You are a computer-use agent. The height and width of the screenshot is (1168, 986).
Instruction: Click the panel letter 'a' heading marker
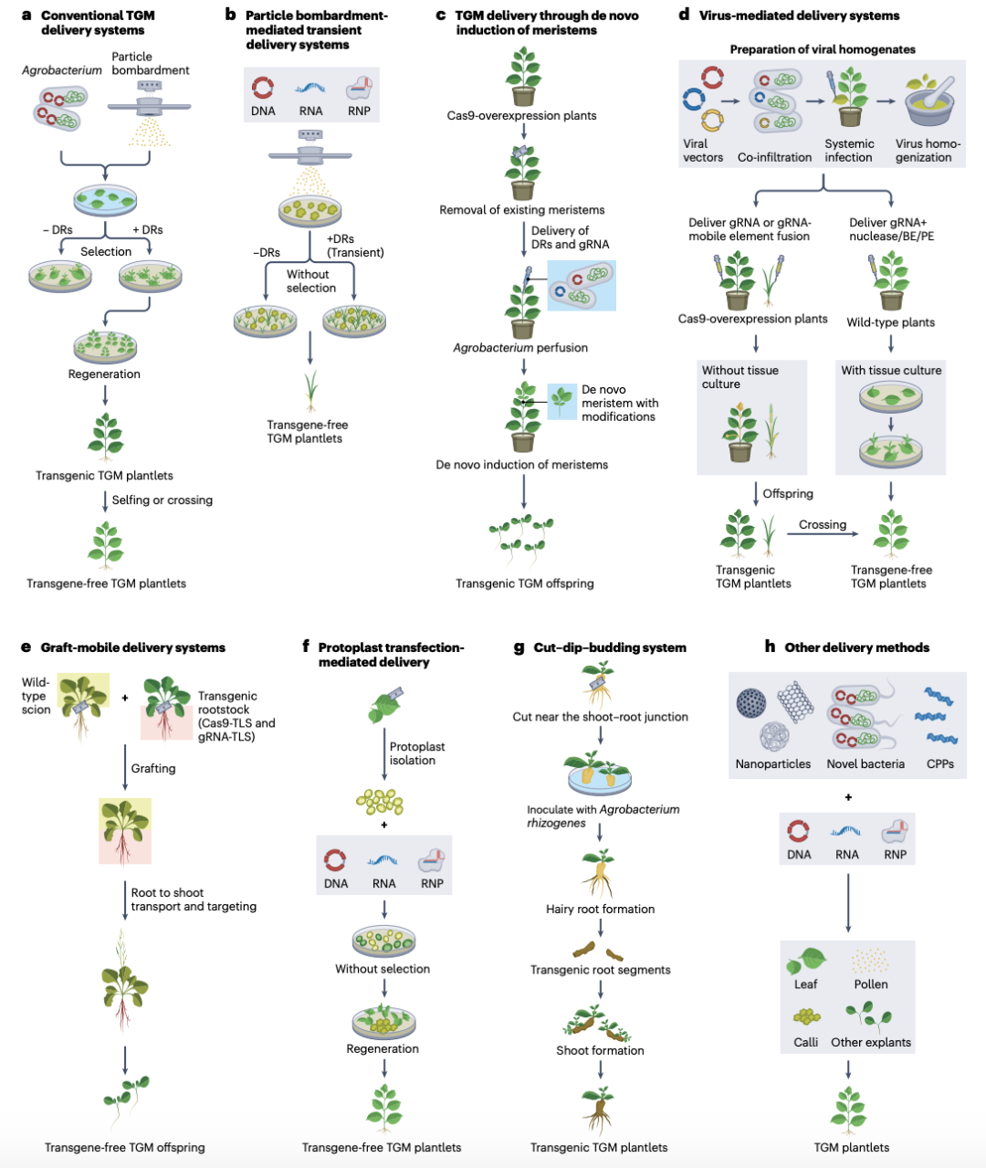point(26,16)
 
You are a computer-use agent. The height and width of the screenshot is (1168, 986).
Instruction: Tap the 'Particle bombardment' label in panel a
point(151,63)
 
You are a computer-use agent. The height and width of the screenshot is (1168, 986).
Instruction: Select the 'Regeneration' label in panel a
point(104,374)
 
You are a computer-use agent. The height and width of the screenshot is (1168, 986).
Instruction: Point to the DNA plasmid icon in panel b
point(263,89)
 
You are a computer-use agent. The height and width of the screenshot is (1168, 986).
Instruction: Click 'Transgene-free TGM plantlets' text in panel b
point(307,431)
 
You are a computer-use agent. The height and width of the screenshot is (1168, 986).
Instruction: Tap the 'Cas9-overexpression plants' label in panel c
point(521,116)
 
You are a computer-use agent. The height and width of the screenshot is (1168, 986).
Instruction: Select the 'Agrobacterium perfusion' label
point(520,348)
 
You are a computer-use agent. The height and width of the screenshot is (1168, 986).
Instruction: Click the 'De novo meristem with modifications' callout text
point(619,403)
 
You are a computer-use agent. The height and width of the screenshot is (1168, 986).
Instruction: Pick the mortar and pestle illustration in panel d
point(929,102)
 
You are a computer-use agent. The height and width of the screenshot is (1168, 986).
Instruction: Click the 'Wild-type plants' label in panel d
point(890,322)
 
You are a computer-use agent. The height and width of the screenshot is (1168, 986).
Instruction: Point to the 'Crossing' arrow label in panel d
point(823,525)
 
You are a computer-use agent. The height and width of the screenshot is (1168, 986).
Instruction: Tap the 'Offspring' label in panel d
point(788,494)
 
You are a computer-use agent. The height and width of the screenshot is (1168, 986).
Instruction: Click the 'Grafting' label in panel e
point(153,769)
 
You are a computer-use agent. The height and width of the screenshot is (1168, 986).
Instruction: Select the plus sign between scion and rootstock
point(125,699)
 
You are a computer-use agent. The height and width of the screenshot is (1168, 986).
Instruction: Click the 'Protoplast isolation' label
point(416,753)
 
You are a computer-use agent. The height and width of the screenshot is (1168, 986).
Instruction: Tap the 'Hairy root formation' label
point(600,910)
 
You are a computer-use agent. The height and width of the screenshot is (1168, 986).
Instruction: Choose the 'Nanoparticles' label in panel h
point(772,764)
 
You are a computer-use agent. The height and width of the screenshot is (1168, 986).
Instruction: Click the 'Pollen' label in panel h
point(871,984)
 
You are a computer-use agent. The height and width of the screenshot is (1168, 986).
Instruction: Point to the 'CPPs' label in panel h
point(939,764)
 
